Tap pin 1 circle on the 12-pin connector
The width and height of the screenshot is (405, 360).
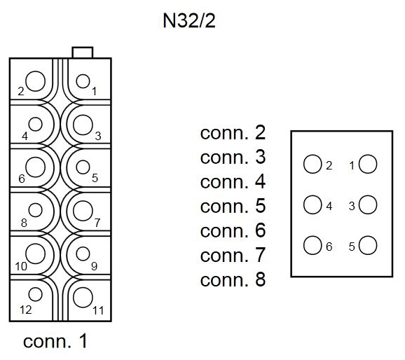pos(83,81)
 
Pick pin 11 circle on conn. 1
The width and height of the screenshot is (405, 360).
pos(83,296)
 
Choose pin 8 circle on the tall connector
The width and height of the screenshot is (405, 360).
pos(34,209)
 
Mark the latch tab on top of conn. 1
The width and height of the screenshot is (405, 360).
pos(83,52)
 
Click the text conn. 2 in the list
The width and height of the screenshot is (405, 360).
pos(233,133)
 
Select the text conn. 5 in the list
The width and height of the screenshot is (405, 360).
pos(233,207)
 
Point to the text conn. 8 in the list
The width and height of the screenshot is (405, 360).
pos(233,280)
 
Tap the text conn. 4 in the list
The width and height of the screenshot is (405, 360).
pos(233,182)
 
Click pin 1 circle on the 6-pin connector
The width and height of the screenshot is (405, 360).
pos(368,165)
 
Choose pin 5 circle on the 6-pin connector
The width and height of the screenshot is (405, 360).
pos(368,246)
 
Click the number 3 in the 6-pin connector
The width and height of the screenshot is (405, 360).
pos(352,207)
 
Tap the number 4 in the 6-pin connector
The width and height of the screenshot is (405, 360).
pos(329,207)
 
